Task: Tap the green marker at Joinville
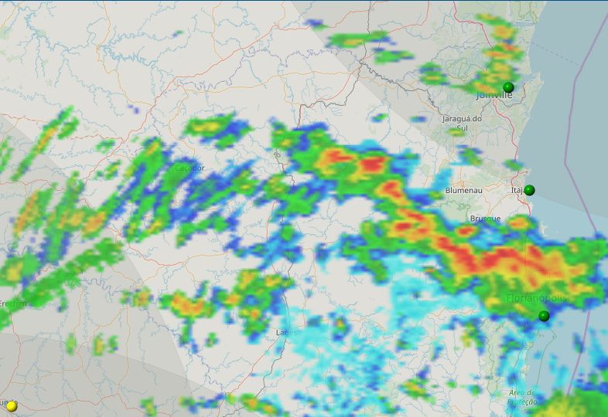coord(508,87)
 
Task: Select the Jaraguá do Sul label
coord(462,123)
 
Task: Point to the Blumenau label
coord(464,190)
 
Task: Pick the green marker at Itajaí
coord(529,190)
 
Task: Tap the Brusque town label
coord(485,219)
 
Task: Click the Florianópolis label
coord(537,298)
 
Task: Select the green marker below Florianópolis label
coord(544,316)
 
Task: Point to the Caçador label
coord(190,168)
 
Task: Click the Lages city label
coord(286,332)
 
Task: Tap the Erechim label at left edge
coord(13,303)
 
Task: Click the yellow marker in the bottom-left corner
coord(12,405)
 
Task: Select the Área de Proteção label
coord(522,397)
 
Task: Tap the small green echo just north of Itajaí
coord(513,165)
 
